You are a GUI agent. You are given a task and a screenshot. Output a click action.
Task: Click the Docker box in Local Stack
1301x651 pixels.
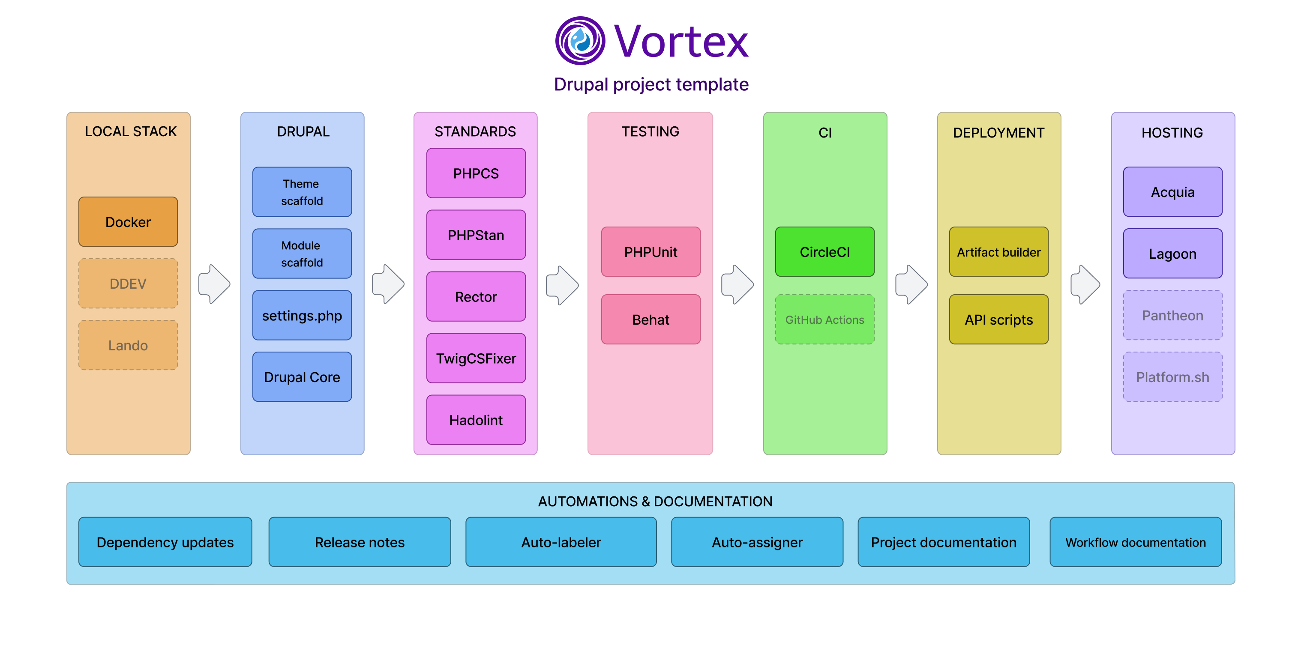point(128,221)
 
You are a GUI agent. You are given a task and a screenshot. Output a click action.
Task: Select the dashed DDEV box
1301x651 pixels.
point(128,283)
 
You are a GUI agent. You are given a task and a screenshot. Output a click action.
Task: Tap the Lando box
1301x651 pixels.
point(128,345)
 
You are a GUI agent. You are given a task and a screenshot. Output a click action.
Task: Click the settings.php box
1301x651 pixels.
point(302,315)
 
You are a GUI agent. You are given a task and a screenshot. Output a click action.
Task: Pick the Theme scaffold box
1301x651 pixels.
point(302,192)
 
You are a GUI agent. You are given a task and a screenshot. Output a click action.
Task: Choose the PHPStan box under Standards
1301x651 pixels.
point(475,235)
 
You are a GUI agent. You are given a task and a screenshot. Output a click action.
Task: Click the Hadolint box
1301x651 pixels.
point(475,420)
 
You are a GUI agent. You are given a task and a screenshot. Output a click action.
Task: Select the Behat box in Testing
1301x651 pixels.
point(650,320)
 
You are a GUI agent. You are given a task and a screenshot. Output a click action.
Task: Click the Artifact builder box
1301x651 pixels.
point(998,251)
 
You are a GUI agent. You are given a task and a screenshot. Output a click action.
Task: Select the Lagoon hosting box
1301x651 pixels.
point(1172,254)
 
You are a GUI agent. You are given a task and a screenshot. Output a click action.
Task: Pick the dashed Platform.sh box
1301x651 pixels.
point(1172,377)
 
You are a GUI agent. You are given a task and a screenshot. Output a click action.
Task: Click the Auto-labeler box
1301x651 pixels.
point(561,542)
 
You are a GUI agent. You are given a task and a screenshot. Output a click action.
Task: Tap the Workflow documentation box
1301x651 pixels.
point(1135,542)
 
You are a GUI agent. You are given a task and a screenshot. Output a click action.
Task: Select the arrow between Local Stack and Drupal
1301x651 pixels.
point(214,284)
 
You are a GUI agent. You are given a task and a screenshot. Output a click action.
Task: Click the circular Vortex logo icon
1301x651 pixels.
point(580,40)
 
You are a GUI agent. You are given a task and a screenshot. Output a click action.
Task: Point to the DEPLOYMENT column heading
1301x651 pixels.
point(998,133)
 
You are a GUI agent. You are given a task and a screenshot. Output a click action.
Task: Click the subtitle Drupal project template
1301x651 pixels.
point(650,84)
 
